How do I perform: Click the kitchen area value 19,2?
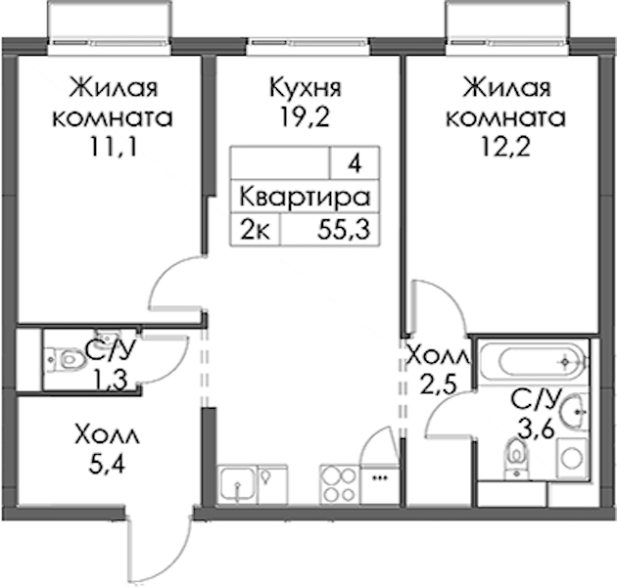point(304,116)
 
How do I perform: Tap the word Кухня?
point(306,87)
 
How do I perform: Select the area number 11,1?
point(113,147)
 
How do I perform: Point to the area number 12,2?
point(505,147)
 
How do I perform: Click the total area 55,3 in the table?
point(344,230)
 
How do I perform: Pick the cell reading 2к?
point(255,230)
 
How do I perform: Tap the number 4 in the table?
point(355,163)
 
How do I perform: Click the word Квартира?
point(305,197)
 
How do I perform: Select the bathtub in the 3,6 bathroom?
point(535,361)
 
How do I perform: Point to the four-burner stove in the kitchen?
point(340,484)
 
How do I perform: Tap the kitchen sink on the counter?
point(237,484)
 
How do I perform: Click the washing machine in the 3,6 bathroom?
point(572,459)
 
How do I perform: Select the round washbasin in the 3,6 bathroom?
point(575,412)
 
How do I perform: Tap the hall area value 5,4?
point(107,465)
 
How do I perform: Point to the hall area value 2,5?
point(439,384)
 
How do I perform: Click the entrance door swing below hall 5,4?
point(160,551)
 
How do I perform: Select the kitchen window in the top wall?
point(308,42)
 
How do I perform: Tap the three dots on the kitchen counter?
point(380,478)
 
